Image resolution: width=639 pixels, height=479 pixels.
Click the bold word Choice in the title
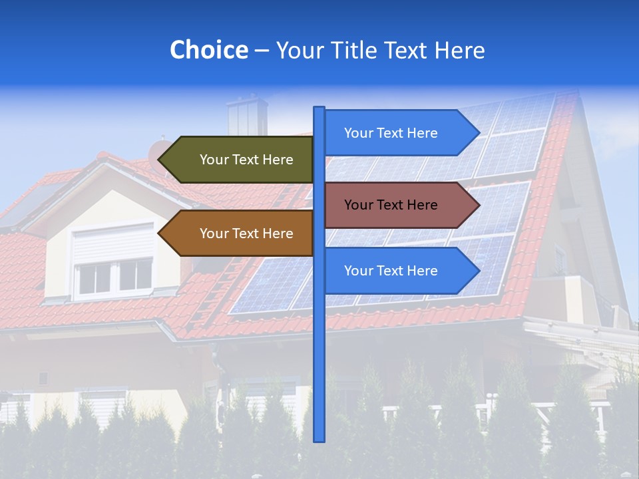point(208,50)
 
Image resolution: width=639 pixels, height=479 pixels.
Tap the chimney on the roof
point(247,116)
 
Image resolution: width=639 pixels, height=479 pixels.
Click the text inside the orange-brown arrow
point(246,234)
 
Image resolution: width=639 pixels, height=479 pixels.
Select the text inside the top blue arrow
point(391,133)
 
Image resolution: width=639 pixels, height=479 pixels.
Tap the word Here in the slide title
point(459,51)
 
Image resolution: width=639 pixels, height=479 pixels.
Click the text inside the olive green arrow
point(246,160)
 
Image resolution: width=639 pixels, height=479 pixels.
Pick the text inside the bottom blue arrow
point(391,271)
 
